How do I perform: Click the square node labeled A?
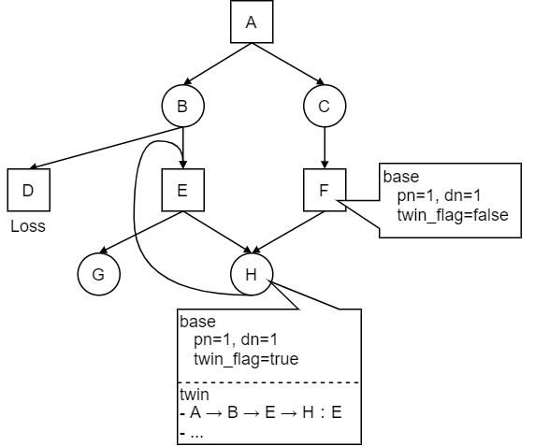251,22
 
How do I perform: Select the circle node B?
182,106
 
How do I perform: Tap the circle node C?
324,106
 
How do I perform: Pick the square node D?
27,190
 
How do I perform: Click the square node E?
182,190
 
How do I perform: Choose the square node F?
324,190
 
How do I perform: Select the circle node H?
251,275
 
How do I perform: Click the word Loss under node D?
27,226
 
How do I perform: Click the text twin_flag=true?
245,359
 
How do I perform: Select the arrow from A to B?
217,64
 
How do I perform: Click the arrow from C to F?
324,148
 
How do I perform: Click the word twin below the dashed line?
195,395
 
